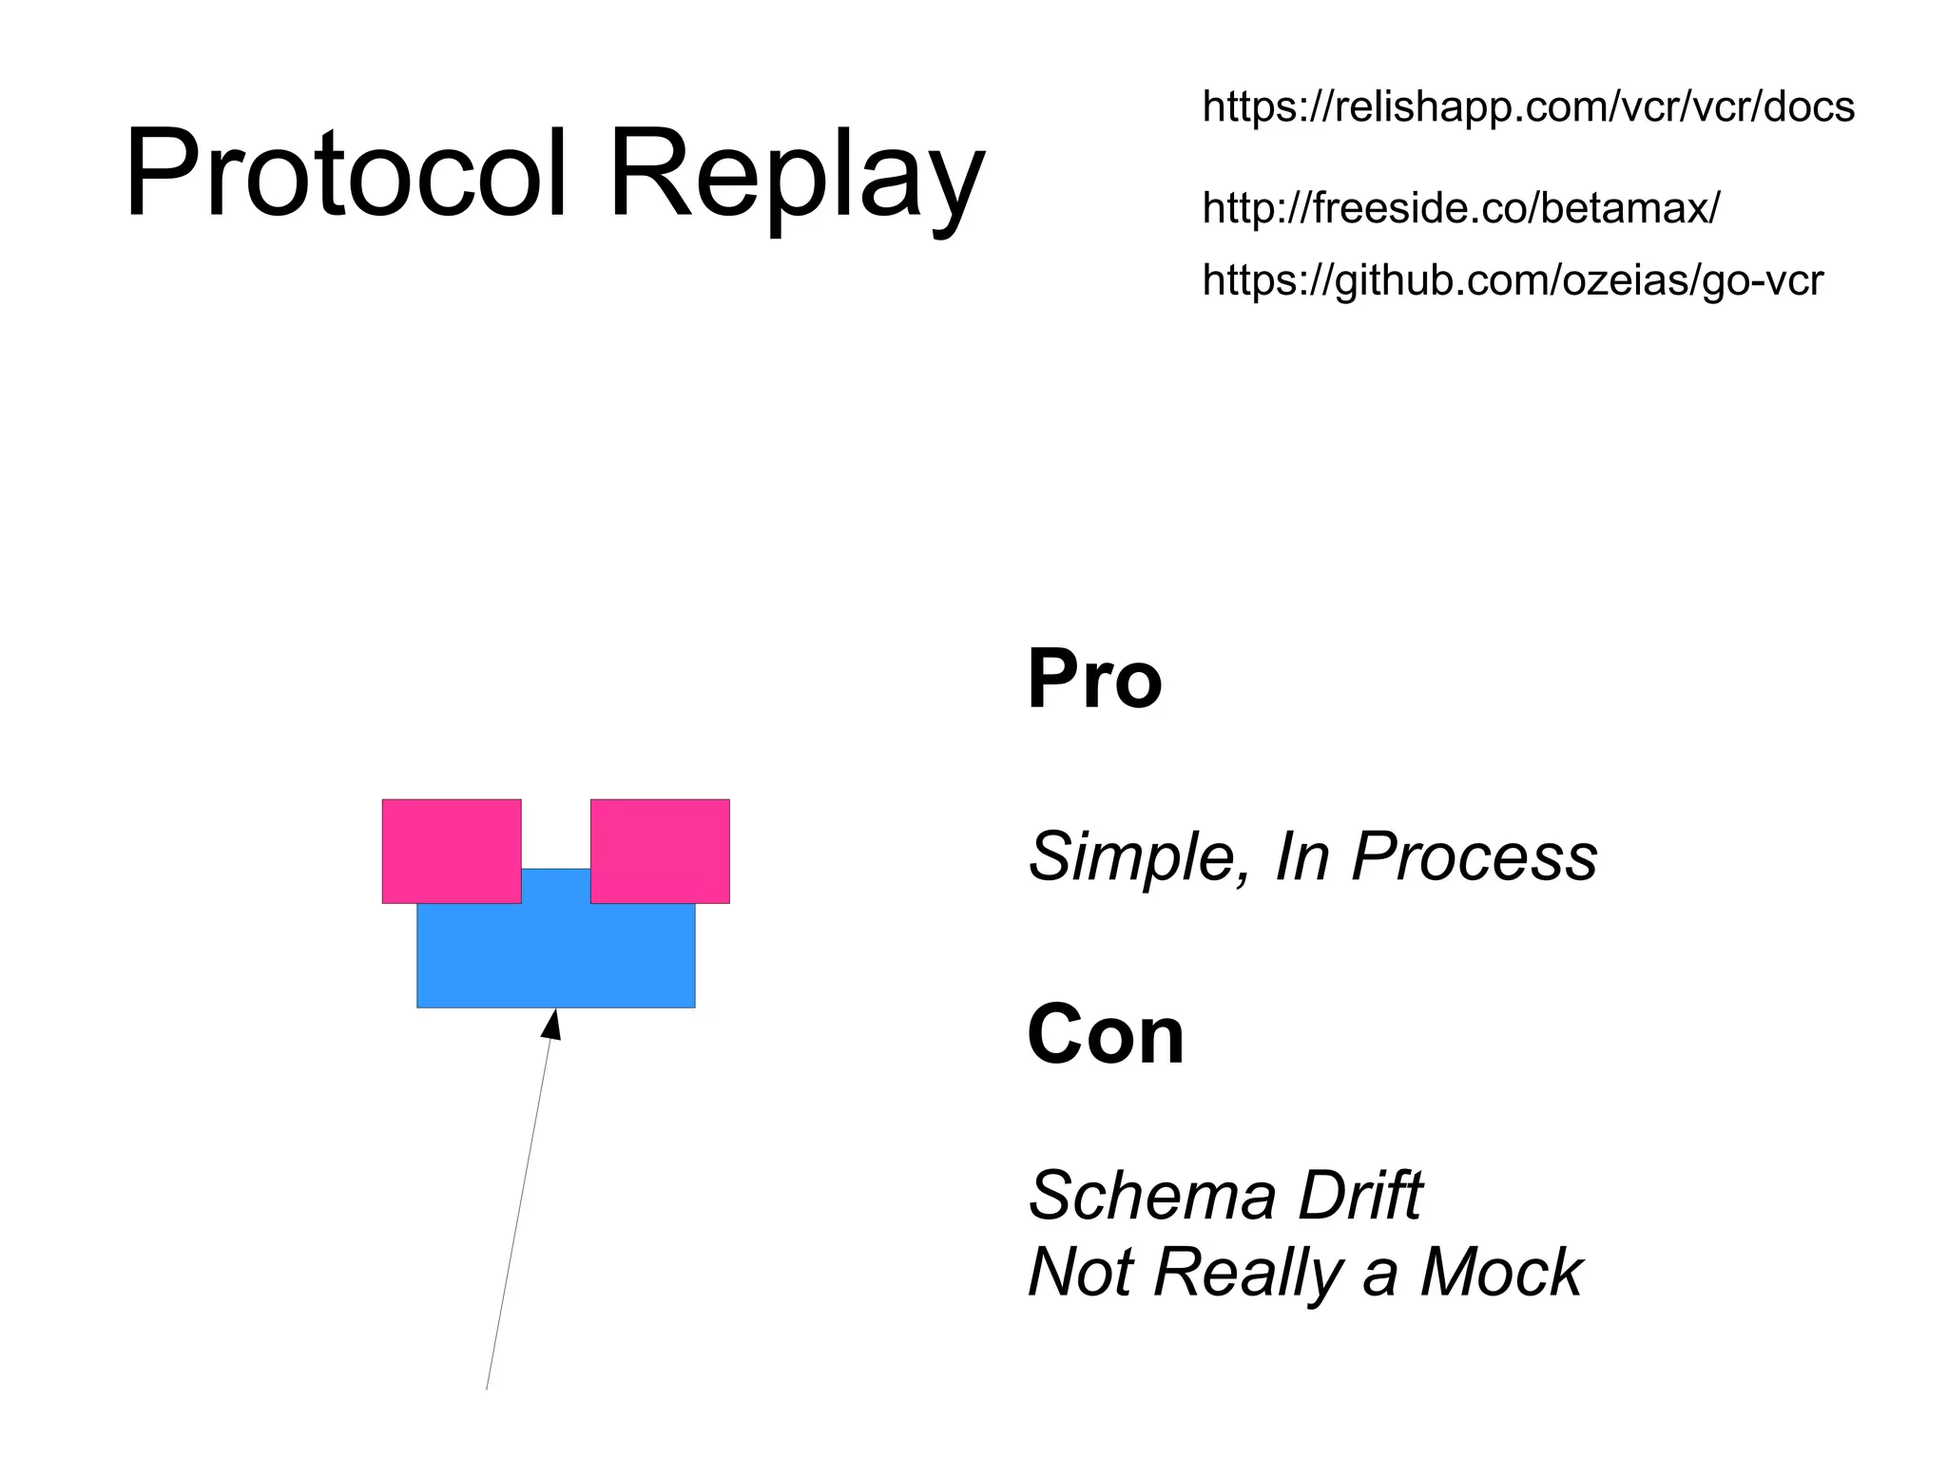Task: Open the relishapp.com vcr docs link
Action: [1528, 106]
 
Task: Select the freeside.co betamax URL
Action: [1460, 207]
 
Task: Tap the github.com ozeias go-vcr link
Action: [1513, 280]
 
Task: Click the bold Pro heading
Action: [1094, 679]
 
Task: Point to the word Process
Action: [1475, 856]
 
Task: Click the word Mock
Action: [1501, 1272]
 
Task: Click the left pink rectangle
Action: [452, 850]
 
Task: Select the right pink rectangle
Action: [660, 850]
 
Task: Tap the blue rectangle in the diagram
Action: [556, 955]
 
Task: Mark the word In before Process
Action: [1301, 856]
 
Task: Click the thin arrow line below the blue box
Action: [518, 1217]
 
